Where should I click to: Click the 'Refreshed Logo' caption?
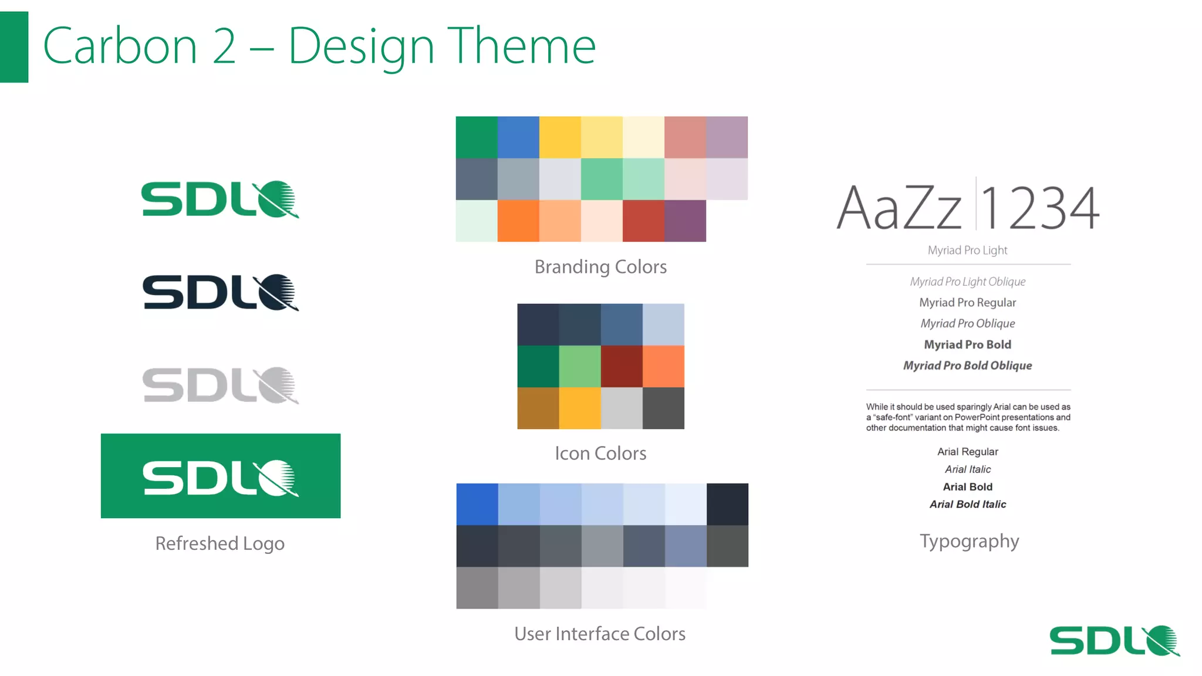coord(220,543)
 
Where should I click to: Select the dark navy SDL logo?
coord(220,292)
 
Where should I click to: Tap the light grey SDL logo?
coord(220,386)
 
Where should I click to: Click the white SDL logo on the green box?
coord(220,478)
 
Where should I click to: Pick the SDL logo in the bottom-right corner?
coord(1114,640)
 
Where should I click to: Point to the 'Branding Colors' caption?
coord(600,267)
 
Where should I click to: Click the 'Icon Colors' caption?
coord(600,453)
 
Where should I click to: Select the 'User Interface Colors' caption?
coord(600,634)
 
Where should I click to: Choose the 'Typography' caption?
coord(969,541)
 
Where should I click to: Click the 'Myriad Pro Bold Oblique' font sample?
coord(967,366)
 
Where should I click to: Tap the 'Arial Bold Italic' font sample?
coord(967,504)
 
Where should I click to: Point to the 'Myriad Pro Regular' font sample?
coord(967,303)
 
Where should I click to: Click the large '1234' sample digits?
coord(1040,208)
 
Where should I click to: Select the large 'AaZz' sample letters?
coord(899,208)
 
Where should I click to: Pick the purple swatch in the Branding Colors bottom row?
coord(685,221)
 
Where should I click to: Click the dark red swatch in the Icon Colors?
coord(622,366)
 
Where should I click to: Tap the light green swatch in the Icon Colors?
coord(579,366)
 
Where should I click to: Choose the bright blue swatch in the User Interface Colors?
coord(477,504)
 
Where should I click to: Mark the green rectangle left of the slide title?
coord(14,47)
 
